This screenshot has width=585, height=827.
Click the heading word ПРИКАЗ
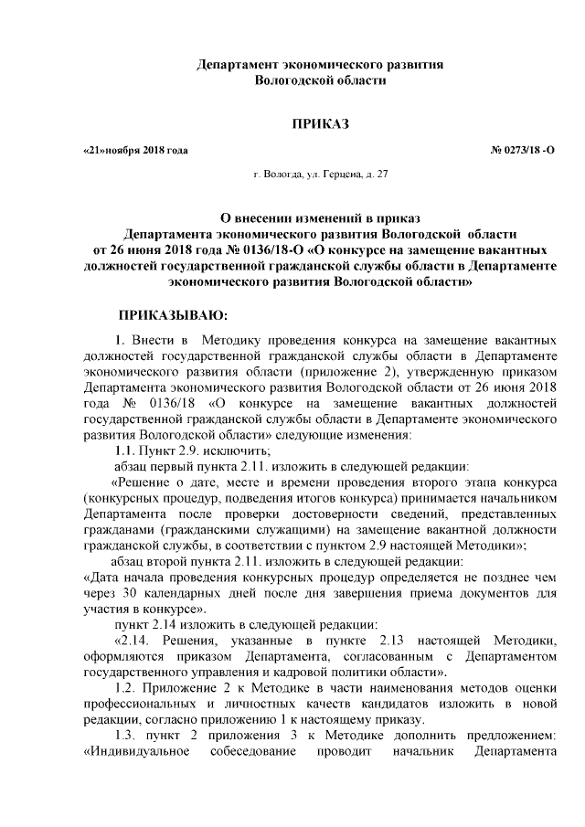[x=320, y=123]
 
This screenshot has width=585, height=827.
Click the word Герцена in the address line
[x=333, y=173]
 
